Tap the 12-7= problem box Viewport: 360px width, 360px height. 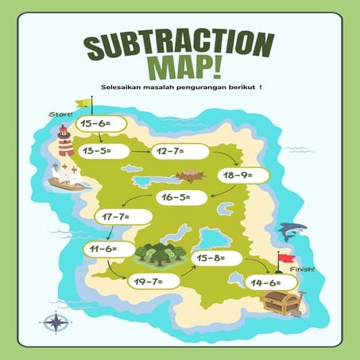[182, 150]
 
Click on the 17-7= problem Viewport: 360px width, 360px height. [124, 215]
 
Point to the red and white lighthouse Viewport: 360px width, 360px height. [65, 141]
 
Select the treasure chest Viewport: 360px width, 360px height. [280, 302]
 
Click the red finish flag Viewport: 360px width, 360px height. [285, 258]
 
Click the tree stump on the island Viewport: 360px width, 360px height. [190, 175]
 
